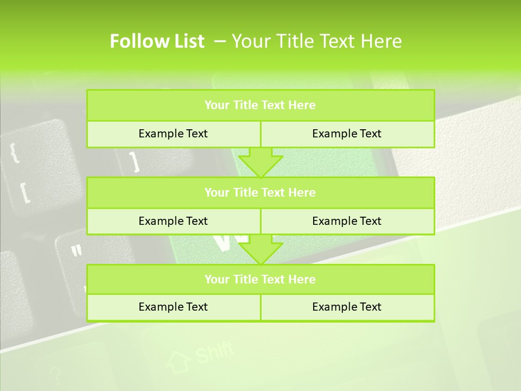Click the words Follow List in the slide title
(x=157, y=41)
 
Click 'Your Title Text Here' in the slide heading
(x=316, y=41)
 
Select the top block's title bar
(x=260, y=105)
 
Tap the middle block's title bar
(x=260, y=193)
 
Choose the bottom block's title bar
(x=260, y=280)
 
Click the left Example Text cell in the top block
(x=173, y=134)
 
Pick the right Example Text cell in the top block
(x=347, y=134)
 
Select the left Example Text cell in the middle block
(x=173, y=222)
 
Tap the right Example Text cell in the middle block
(x=347, y=222)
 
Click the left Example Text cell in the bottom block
(x=173, y=307)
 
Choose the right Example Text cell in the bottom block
(x=347, y=307)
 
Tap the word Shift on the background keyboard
(x=214, y=352)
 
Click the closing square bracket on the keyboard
(x=134, y=161)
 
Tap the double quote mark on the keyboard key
(x=77, y=250)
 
